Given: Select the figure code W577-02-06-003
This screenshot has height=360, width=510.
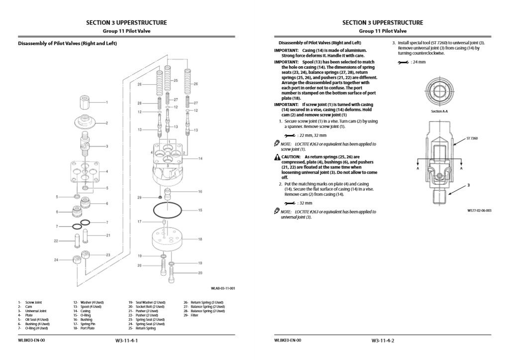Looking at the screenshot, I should [x=479, y=211].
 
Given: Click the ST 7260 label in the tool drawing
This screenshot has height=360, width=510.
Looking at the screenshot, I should [x=472, y=138].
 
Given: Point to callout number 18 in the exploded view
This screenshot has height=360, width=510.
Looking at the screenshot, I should [x=200, y=240].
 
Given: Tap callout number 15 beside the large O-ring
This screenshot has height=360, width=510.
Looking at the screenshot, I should [x=200, y=211].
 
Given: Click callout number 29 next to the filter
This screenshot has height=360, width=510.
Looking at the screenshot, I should [x=140, y=198].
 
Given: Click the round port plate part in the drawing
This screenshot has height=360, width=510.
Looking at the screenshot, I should [x=170, y=240].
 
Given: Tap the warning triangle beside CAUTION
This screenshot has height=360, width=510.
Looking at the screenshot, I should [x=277, y=157].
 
